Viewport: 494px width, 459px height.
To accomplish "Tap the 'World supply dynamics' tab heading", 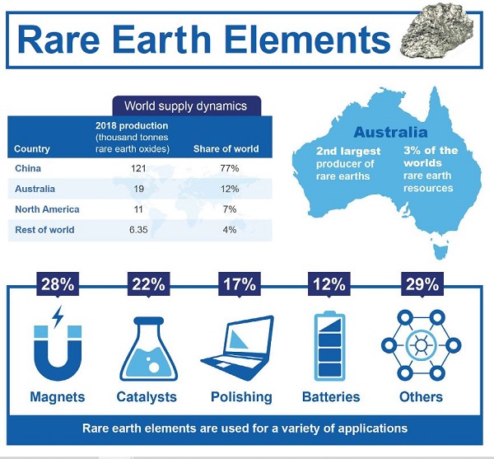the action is pos(185,106).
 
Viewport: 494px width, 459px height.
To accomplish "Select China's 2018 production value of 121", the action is pos(138,168).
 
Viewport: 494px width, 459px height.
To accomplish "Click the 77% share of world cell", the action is pos(230,168).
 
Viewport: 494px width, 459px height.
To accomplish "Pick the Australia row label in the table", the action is pos(35,189).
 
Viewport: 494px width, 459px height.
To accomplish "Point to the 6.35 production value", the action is pos(138,230).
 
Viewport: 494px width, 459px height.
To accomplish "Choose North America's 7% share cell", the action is pos(230,209).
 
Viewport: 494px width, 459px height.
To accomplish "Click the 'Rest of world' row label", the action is pos(44,230).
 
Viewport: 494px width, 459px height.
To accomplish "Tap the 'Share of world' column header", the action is pos(226,149).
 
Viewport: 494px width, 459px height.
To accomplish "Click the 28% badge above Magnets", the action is pos(58,284).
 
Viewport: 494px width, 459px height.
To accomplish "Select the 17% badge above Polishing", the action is pos(240,284).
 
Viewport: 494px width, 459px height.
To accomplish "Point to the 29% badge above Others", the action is pos(422,284).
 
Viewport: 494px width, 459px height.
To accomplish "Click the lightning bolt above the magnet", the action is pos(58,316).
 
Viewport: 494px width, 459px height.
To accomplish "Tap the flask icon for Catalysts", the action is pos(149,349).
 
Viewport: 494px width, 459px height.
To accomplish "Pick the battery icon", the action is pos(329,346).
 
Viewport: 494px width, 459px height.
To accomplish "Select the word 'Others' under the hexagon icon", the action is pos(422,397).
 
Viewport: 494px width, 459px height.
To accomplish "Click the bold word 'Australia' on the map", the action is pos(390,132).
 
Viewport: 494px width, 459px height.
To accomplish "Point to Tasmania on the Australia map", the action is pos(440,251).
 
